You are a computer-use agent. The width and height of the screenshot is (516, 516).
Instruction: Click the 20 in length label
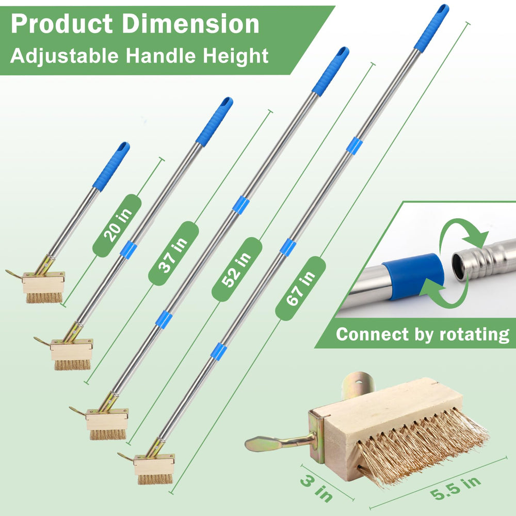click(117, 225)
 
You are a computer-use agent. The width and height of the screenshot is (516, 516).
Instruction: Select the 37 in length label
click(173, 253)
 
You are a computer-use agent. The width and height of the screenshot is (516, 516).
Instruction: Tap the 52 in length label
click(237, 269)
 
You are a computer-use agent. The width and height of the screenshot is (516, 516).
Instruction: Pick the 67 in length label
click(300, 288)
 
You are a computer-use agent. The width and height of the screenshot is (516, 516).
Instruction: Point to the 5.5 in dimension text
click(456, 488)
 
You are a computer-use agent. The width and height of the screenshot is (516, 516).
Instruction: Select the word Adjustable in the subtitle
click(64, 56)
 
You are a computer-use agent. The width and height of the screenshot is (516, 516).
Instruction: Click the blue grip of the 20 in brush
click(111, 166)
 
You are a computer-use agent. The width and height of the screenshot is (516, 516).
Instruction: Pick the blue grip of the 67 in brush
click(431, 28)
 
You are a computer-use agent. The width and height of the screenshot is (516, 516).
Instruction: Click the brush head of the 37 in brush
click(71, 354)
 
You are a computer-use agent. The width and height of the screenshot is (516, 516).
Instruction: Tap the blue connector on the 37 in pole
click(128, 249)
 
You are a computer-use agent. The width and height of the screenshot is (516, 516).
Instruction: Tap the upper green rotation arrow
click(461, 232)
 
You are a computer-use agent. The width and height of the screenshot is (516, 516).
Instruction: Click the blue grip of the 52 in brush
click(330, 71)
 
